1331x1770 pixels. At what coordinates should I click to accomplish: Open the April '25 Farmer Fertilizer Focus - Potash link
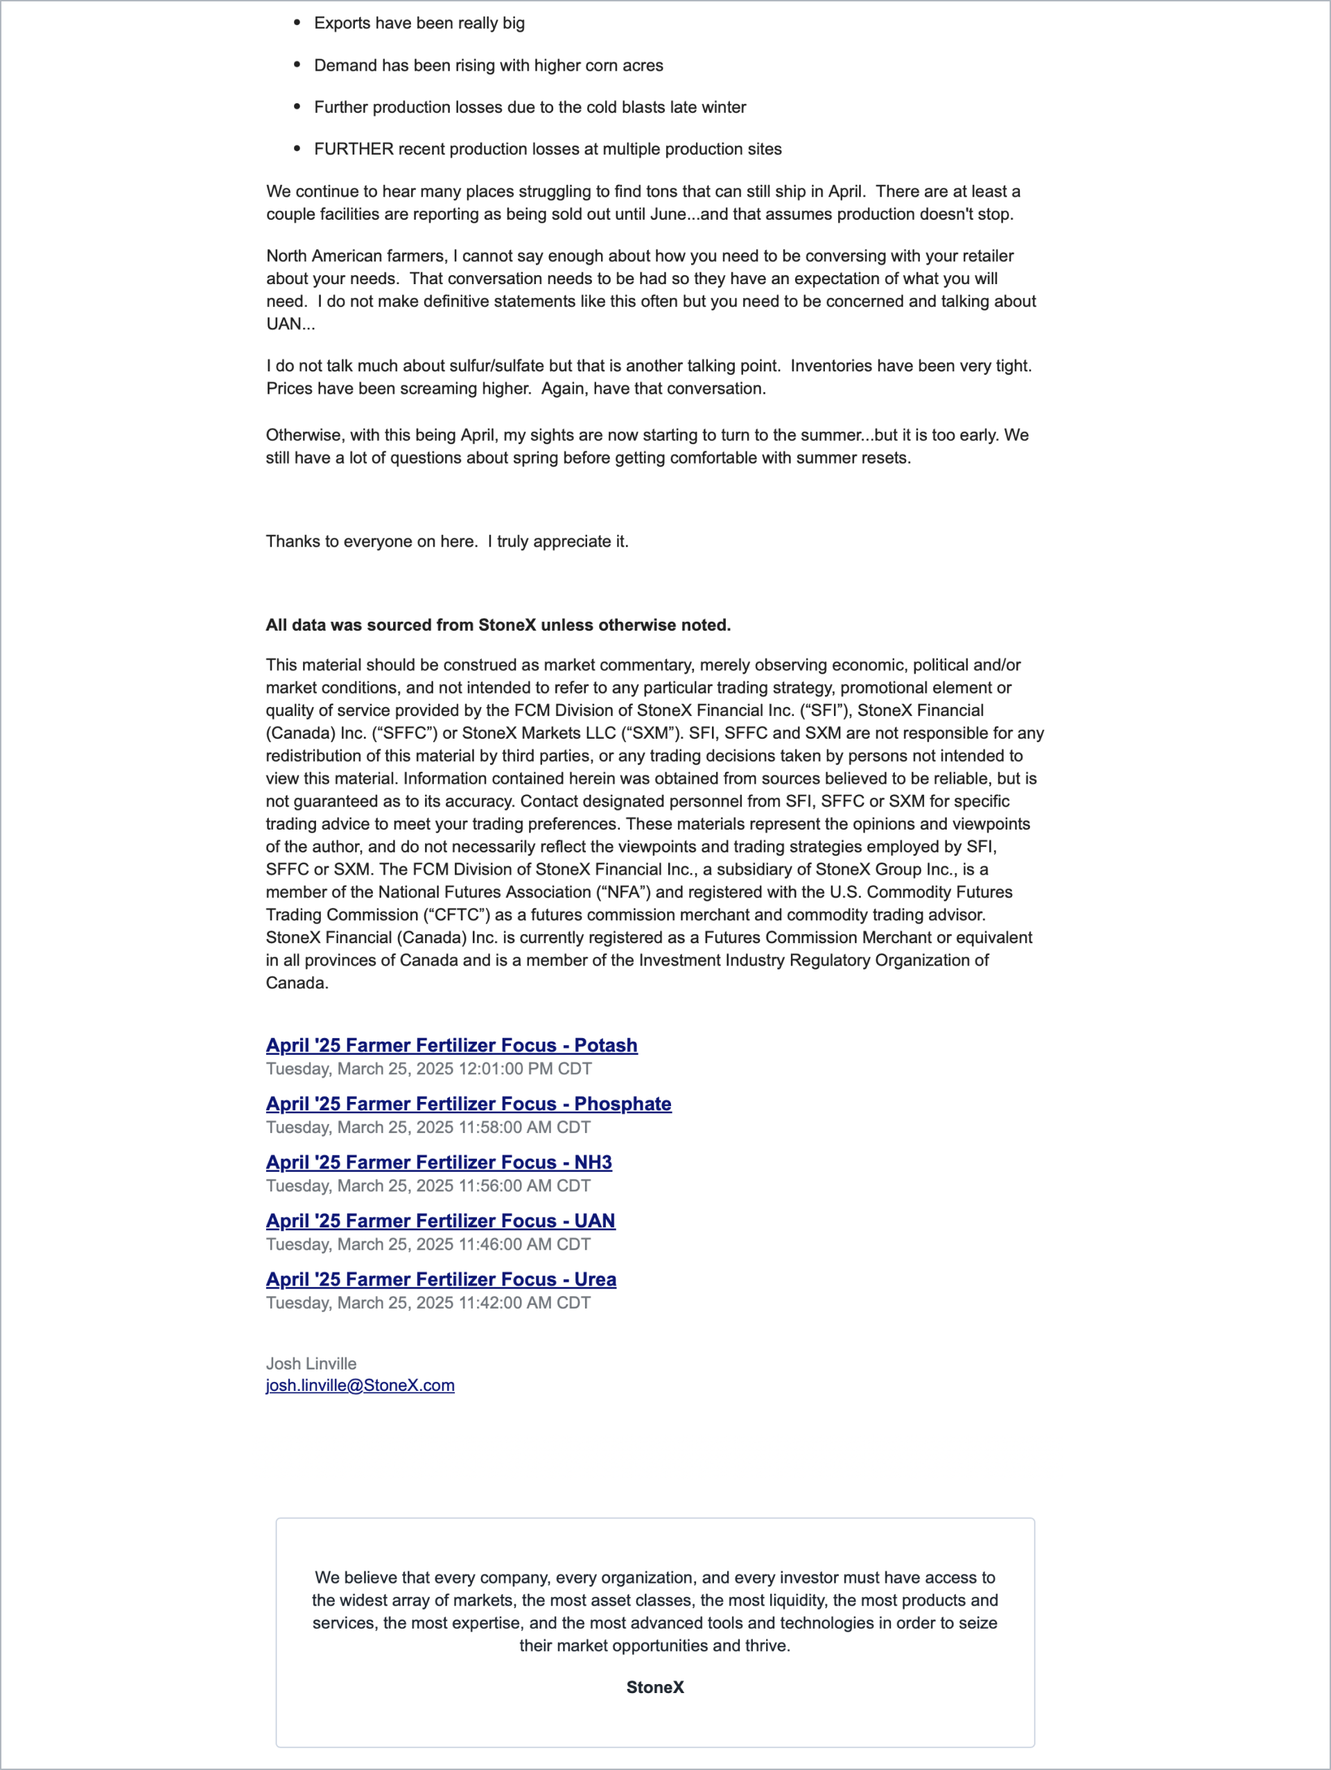tap(451, 1045)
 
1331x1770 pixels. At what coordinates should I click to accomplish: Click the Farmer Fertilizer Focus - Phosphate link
tap(468, 1103)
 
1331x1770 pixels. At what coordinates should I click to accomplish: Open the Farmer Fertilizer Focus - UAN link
tap(440, 1220)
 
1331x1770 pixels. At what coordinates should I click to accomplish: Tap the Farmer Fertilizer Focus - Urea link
tap(441, 1279)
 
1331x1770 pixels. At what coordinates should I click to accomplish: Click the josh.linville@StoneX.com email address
tap(360, 1385)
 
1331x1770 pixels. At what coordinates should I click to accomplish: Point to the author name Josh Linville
tap(311, 1363)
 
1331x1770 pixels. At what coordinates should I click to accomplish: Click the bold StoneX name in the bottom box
tap(654, 1687)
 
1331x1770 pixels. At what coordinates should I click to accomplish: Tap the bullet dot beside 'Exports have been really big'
tap(297, 22)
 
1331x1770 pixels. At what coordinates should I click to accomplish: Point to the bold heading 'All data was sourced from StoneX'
tap(498, 625)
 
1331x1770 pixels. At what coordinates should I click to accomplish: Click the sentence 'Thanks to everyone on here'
tap(446, 541)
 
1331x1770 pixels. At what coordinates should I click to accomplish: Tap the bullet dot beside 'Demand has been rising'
tap(297, 65)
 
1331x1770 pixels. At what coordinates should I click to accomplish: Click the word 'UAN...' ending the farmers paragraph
tap(290, 324)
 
